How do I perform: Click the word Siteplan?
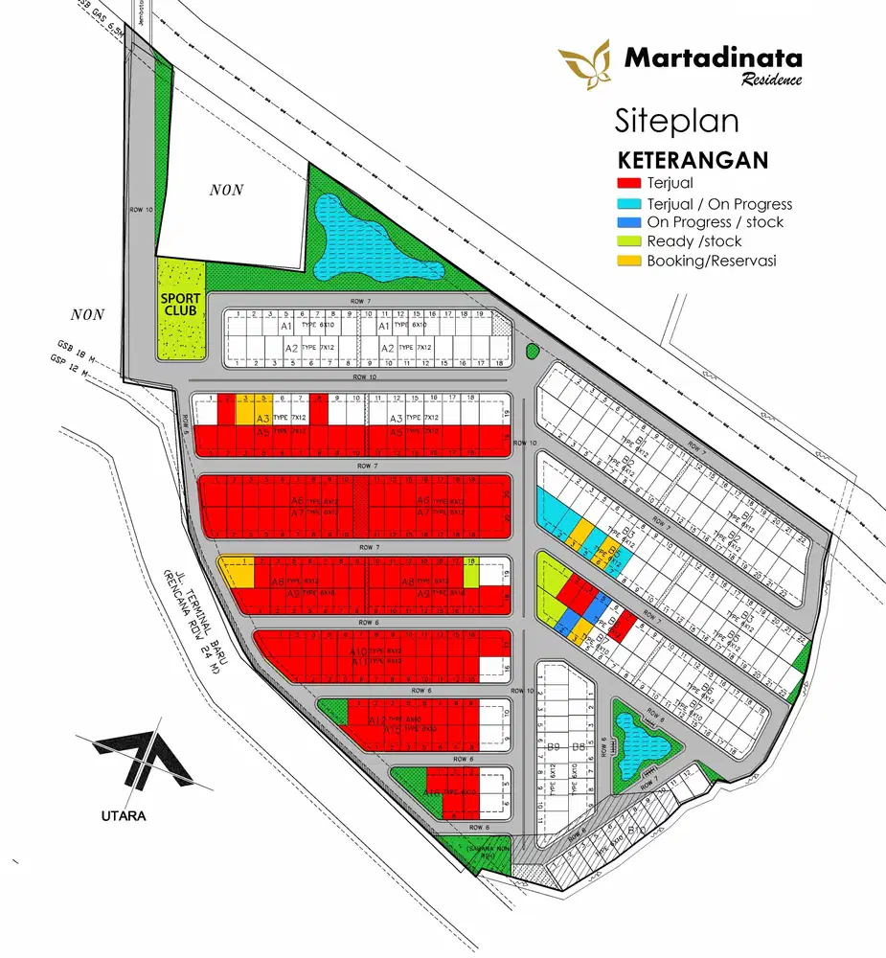(x=676, y=122)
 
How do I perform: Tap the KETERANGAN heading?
(x=693, y=160)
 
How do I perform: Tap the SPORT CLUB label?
(x=180, y=305)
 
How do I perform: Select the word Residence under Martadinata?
(x=771, y=80)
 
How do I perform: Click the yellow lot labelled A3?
(x=262, y=418)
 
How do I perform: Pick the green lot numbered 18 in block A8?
(x=471, y=573)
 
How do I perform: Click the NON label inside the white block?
(x=227, y=190)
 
